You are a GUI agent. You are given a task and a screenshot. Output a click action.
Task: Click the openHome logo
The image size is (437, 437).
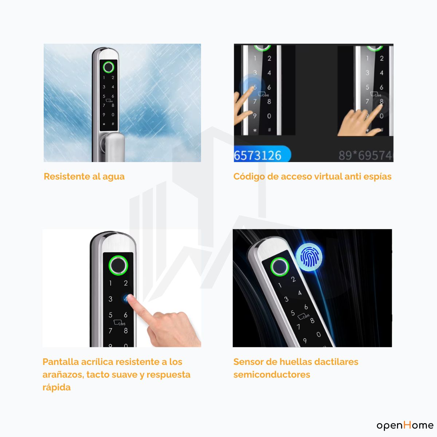point(405,425)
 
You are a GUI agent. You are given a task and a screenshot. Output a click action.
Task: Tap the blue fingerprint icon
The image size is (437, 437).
point(309,257)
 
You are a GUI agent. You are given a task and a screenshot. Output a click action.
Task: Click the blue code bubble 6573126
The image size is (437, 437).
point(262,155)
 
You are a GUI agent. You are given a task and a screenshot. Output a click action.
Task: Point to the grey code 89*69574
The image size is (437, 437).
point(365,155)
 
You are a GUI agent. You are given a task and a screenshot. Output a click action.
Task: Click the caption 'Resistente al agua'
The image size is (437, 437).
point(84,177)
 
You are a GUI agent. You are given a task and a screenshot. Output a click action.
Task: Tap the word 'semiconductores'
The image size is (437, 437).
point(272,375)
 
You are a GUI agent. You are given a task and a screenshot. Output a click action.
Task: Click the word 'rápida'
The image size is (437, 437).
point(56,388)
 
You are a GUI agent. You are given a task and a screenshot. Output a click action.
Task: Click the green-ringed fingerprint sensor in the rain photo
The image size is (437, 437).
point(109,67)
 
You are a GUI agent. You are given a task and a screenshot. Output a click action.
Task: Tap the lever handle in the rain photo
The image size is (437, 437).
point(115,147)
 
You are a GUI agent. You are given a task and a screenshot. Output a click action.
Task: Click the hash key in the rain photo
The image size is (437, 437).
point(113,124)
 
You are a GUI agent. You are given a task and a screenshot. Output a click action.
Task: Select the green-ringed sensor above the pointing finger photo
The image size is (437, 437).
point(118,265)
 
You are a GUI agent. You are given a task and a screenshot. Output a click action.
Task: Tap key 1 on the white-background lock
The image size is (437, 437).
point(110,283)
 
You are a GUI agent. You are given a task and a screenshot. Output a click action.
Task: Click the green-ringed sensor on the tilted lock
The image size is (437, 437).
point(279,267)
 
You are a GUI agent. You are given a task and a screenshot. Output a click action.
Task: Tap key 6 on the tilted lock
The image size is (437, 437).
point(306,307)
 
